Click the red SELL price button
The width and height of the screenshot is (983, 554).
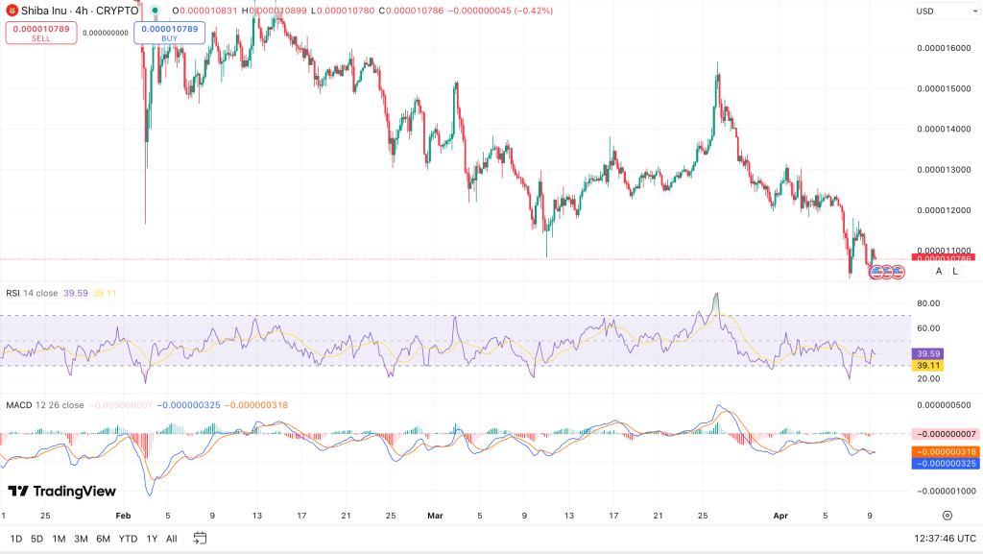(x=41, y=33)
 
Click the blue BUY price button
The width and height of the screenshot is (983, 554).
(x=169, y=33)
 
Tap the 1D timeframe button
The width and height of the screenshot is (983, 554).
(x=16, y=539)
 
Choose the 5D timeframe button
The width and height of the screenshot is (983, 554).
(x=36, y=539)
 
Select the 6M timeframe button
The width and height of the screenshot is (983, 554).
(x=103, y=539)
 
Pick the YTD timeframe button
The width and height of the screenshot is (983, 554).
(x=128, y=539)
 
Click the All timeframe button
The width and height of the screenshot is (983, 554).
(x=172, y=539)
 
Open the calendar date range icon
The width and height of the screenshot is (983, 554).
(x=201, y=539)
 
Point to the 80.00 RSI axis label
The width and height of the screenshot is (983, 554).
(x=928, y=303)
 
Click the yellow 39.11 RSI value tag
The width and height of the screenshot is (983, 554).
(x=928, y=366)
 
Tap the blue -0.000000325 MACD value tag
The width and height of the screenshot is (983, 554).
(x=945, y=463)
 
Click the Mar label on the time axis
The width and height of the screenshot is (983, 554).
(x=435, y=516)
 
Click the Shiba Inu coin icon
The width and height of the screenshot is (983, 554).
(x=12, y=10)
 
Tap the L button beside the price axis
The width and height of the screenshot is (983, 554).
(x=955, y=272)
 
